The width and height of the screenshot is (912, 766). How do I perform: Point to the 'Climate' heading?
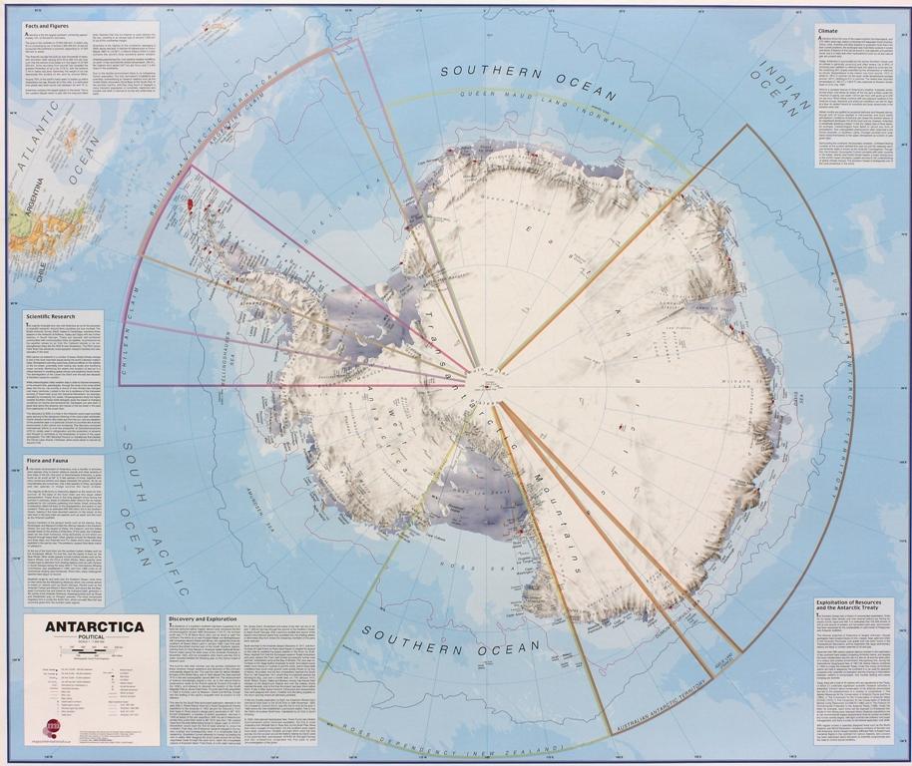829,31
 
